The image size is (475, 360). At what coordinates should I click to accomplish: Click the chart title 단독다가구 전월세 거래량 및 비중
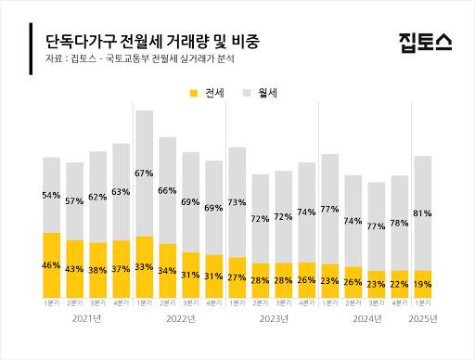[x=152, y=42]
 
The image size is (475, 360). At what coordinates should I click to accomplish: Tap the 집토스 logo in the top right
[x=426, y=42]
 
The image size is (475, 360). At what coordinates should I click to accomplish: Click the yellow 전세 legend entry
[x=209, y=94]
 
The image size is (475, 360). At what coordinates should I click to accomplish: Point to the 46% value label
[x=52, y=266]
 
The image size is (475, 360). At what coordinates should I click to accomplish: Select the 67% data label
[x=145, y=174]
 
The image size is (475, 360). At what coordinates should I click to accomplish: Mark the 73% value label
[x=237, y=202]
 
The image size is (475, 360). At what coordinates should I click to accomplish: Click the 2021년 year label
[x=86, y=318]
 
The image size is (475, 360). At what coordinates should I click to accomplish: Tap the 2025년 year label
[x=423, y=318]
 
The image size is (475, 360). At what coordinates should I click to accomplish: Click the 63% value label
[x=122, y=192]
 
